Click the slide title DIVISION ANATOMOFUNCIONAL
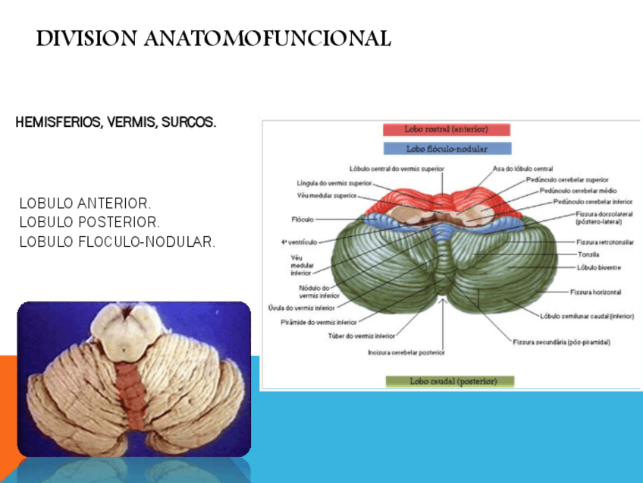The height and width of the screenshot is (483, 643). [x=213, y=39]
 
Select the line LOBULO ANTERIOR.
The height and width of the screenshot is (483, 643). [x=85, y=204]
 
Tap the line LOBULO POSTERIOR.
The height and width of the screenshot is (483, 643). [x=89, y=223]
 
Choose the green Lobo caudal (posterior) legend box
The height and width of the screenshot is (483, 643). [x=450, y=381]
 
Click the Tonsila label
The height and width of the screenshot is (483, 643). [x=588, y=254]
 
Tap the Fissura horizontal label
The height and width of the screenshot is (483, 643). [x=595, y=292]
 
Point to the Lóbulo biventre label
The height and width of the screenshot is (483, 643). [x=598, y=267]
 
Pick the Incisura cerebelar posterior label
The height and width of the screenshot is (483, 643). [x=406, y=352]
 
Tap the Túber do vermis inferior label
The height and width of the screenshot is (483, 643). [x=361, y=335]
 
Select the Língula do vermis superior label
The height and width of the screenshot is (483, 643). [x=334, y=183]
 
